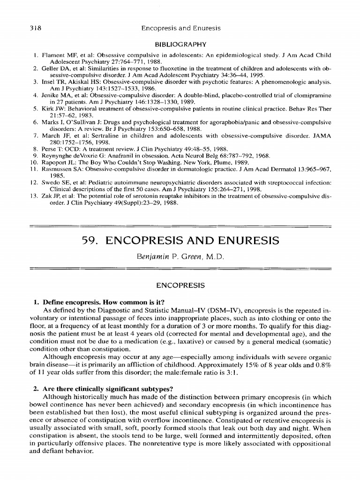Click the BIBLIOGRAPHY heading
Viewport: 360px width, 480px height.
coord(180,45)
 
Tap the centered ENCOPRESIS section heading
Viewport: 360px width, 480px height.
coord(180,285)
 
